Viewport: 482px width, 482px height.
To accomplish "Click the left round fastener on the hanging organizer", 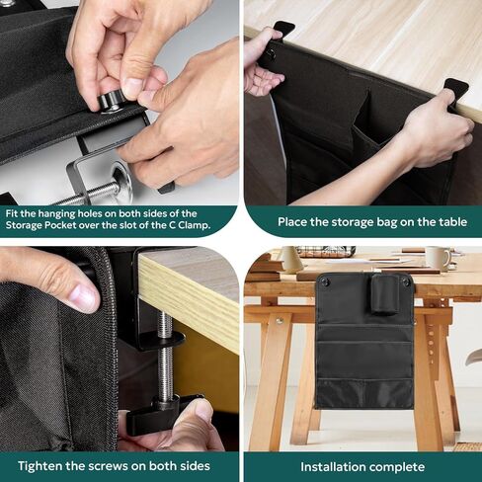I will click(325, 282).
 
